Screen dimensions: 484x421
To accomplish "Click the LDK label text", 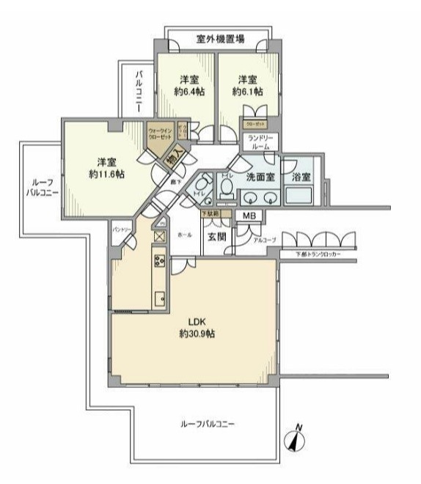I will [194, 321].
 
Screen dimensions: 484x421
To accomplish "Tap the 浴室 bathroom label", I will [301, 177].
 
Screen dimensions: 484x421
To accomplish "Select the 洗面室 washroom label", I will [260, 177].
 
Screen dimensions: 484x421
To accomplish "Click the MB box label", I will [249, 216].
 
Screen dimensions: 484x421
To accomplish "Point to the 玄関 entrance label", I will [216, 235].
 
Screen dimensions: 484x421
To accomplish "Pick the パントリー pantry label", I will [122, 230].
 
